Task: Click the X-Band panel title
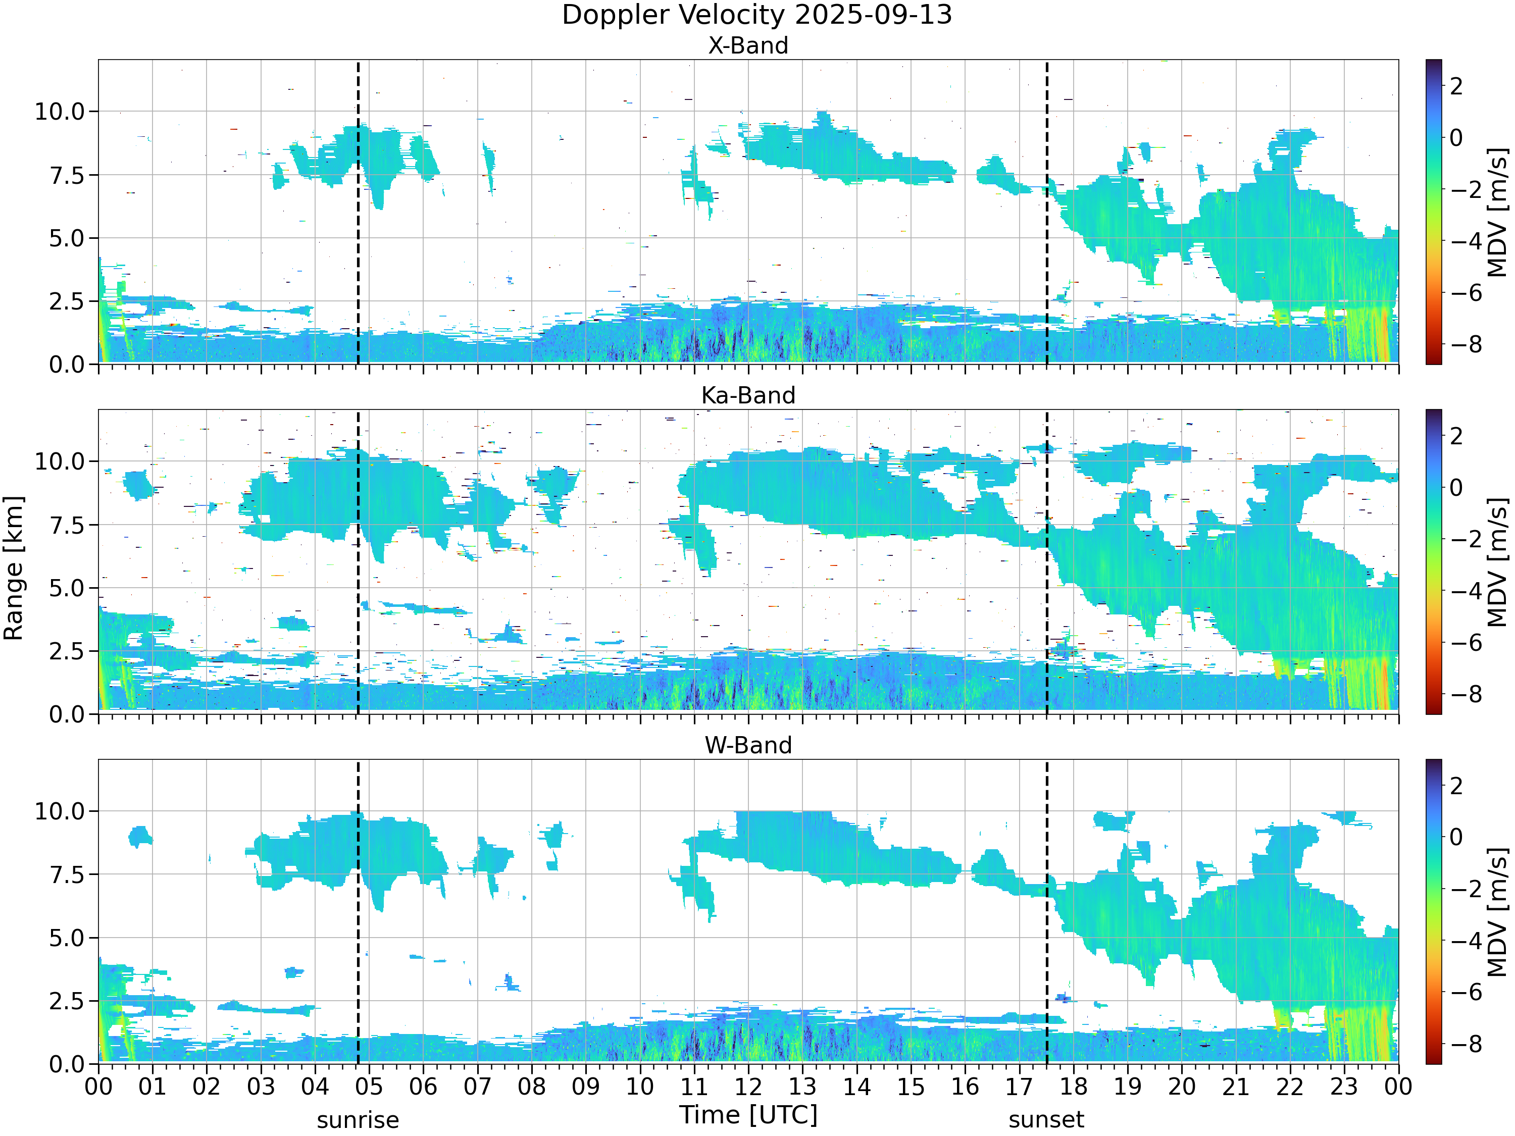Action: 748,46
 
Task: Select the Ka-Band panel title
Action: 748,396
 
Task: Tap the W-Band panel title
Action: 748,746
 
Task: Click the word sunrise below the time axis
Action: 358,1120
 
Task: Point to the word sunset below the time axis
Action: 1046,1120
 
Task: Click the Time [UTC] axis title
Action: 748,1115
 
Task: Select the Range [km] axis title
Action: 14,569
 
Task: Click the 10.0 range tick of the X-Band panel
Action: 60,112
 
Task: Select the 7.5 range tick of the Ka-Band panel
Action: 67,525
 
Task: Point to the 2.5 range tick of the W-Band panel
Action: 67,1001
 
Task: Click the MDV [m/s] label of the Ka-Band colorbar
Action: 1498,562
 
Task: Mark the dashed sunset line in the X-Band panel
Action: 1046,212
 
